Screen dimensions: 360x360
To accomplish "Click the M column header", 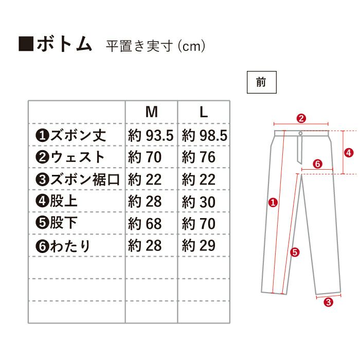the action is coord(152,112).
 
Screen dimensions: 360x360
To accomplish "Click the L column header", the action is coord(204,112).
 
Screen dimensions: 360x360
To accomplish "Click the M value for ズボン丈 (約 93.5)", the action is coord(151,135).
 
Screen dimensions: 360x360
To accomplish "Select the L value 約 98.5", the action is coord(205,135).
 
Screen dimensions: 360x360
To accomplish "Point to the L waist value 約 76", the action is coord(199,157).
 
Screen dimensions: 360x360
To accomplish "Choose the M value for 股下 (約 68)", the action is coord(145,224).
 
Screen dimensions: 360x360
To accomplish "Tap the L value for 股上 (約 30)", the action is coord(199,202).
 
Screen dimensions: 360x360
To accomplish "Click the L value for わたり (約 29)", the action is coord(199,246).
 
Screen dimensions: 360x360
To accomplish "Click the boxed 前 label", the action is coord(261,82).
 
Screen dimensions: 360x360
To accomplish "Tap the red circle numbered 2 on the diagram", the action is coord(301,118).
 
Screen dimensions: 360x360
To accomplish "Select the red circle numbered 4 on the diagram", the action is coord(349,152).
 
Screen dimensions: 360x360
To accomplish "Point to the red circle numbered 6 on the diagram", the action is coord(317,164).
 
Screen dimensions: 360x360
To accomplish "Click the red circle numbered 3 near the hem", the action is coord(328,302).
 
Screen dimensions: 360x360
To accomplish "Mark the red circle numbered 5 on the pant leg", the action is coord(295,253).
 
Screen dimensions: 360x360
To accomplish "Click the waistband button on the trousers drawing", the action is coord(300,133).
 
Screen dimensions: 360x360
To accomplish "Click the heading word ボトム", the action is coord(64,44).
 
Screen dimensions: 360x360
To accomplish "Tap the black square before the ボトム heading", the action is coord(26,43).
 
